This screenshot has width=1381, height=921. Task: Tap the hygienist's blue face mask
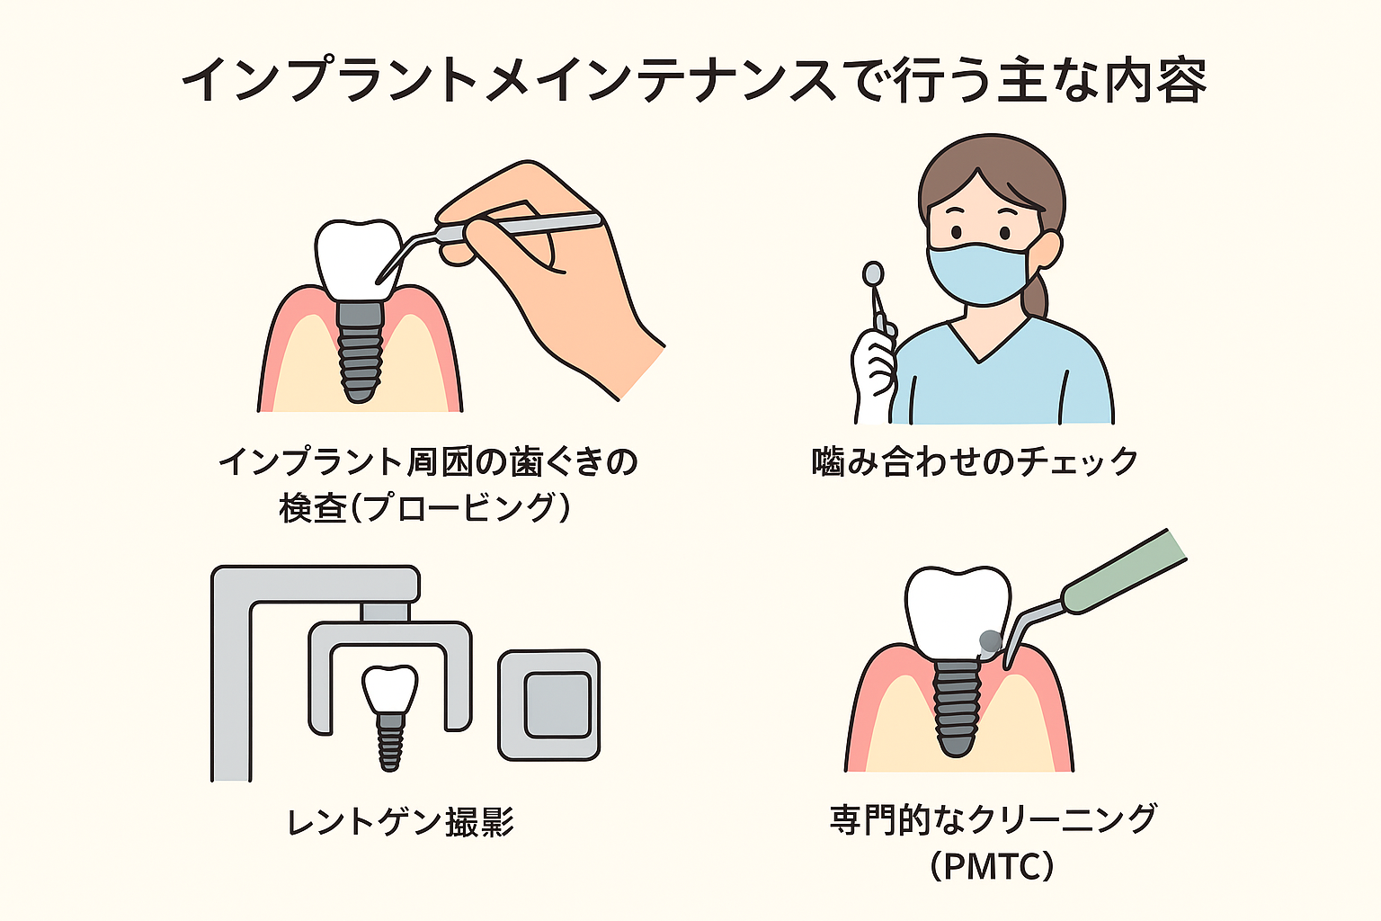pos(980,272)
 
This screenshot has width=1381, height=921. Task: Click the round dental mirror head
pos(873,273)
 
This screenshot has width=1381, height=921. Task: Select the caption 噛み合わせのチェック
pos(975,461)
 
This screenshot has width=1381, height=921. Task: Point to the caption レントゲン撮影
pos(401,821)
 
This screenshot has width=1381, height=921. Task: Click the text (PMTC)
pos(992,866)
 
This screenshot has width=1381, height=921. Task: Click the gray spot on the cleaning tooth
pos(990,641)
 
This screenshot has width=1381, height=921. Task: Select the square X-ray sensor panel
pos(549,705)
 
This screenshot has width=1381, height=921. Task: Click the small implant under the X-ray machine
pos(390,718)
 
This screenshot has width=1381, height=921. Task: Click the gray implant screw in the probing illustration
pos(360,352)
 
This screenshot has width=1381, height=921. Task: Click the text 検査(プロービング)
pos(424,507)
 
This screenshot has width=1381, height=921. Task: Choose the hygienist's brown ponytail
pos(1037,293)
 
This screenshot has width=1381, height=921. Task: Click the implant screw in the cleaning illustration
pos(958,710)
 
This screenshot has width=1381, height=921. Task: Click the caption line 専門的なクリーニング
pos(993,820)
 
